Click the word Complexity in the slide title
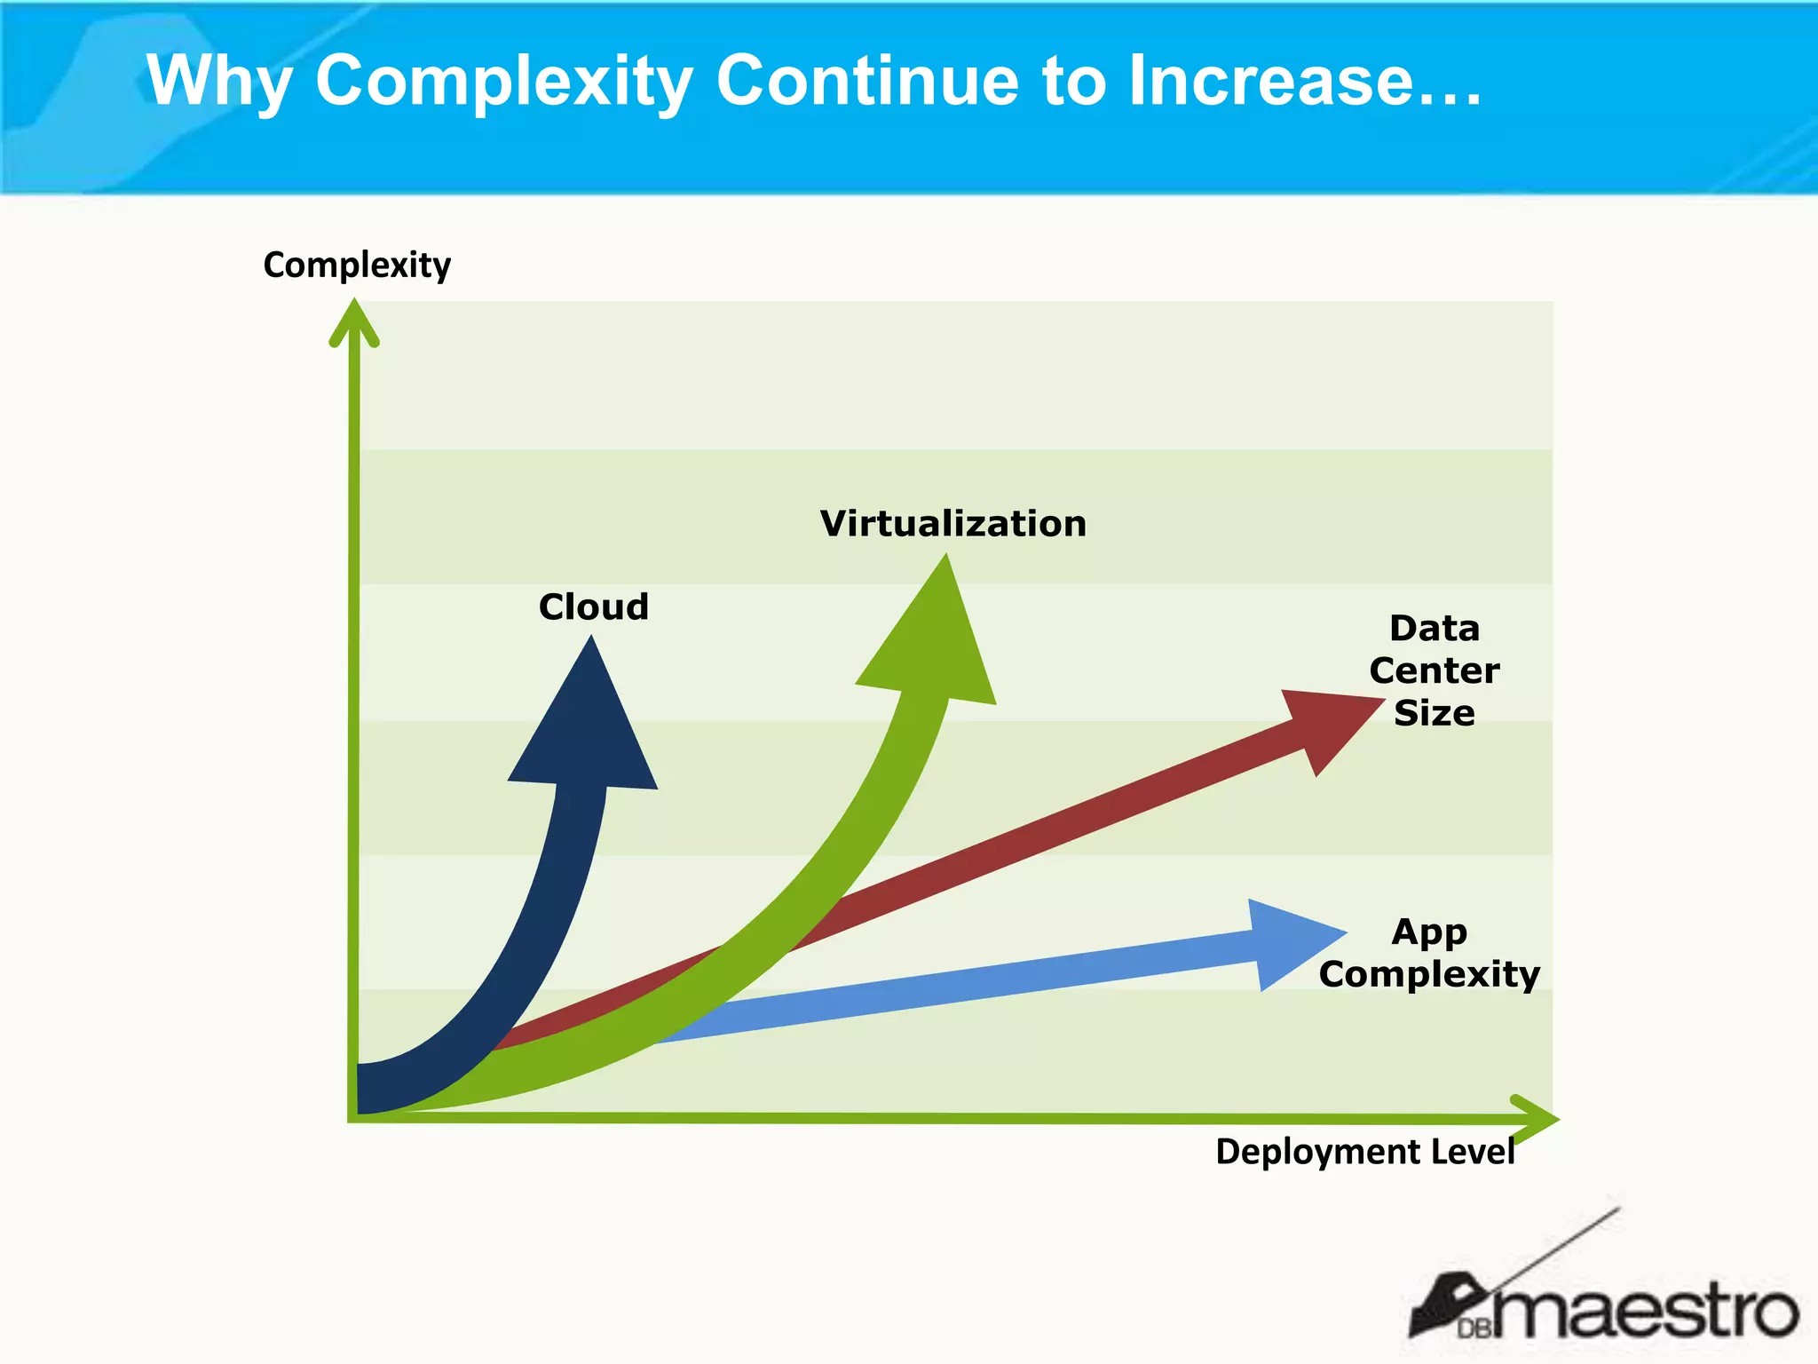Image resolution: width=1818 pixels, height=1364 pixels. [x=503, y=82]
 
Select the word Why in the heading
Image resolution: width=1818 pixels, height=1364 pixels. [x=219, y=82]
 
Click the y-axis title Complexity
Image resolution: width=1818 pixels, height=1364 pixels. [x=357, y=265]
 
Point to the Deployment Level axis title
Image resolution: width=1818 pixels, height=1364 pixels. [x=1364, y=1152]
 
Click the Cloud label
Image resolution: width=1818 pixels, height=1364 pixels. [x=594, y=607]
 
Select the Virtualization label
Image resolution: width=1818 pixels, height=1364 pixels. [x=952, y=524]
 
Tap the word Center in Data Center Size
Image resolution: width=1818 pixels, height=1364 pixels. [x=1434, y=670]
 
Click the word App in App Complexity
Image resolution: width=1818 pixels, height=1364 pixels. [x=1429, y=932]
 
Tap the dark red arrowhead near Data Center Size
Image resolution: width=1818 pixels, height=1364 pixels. [x=1327, y=723]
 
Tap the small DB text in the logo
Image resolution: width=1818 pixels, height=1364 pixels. [x=1474, y=1328]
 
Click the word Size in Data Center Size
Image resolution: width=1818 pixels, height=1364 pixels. [x=1434, y=713]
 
